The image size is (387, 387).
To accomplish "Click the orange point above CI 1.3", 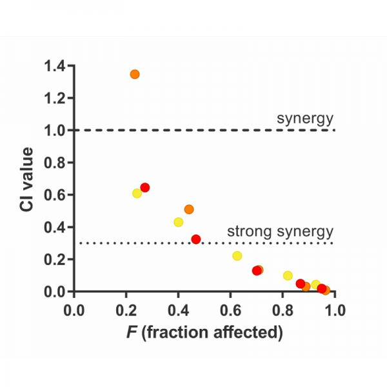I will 135,74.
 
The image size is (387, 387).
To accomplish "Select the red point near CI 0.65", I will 145,187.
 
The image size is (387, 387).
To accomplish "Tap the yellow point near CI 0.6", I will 137,193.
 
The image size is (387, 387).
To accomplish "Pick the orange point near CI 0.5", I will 189,209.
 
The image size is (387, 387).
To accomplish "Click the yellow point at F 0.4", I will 179,222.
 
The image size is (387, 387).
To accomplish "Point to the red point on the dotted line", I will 196,239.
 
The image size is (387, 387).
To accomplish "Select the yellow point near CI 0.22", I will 237,256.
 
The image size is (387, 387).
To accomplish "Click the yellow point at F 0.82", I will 288,275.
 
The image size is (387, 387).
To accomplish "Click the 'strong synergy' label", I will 280,232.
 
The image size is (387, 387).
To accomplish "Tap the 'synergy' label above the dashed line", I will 305,118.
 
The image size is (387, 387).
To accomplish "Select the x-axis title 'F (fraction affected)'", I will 204,333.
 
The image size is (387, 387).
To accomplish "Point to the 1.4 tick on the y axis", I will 55,65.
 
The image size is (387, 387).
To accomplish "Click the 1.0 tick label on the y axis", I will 55,130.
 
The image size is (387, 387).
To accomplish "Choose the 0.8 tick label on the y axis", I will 55,163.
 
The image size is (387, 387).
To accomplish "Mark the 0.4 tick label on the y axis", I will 55,227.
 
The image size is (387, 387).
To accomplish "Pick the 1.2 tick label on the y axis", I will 55,98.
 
